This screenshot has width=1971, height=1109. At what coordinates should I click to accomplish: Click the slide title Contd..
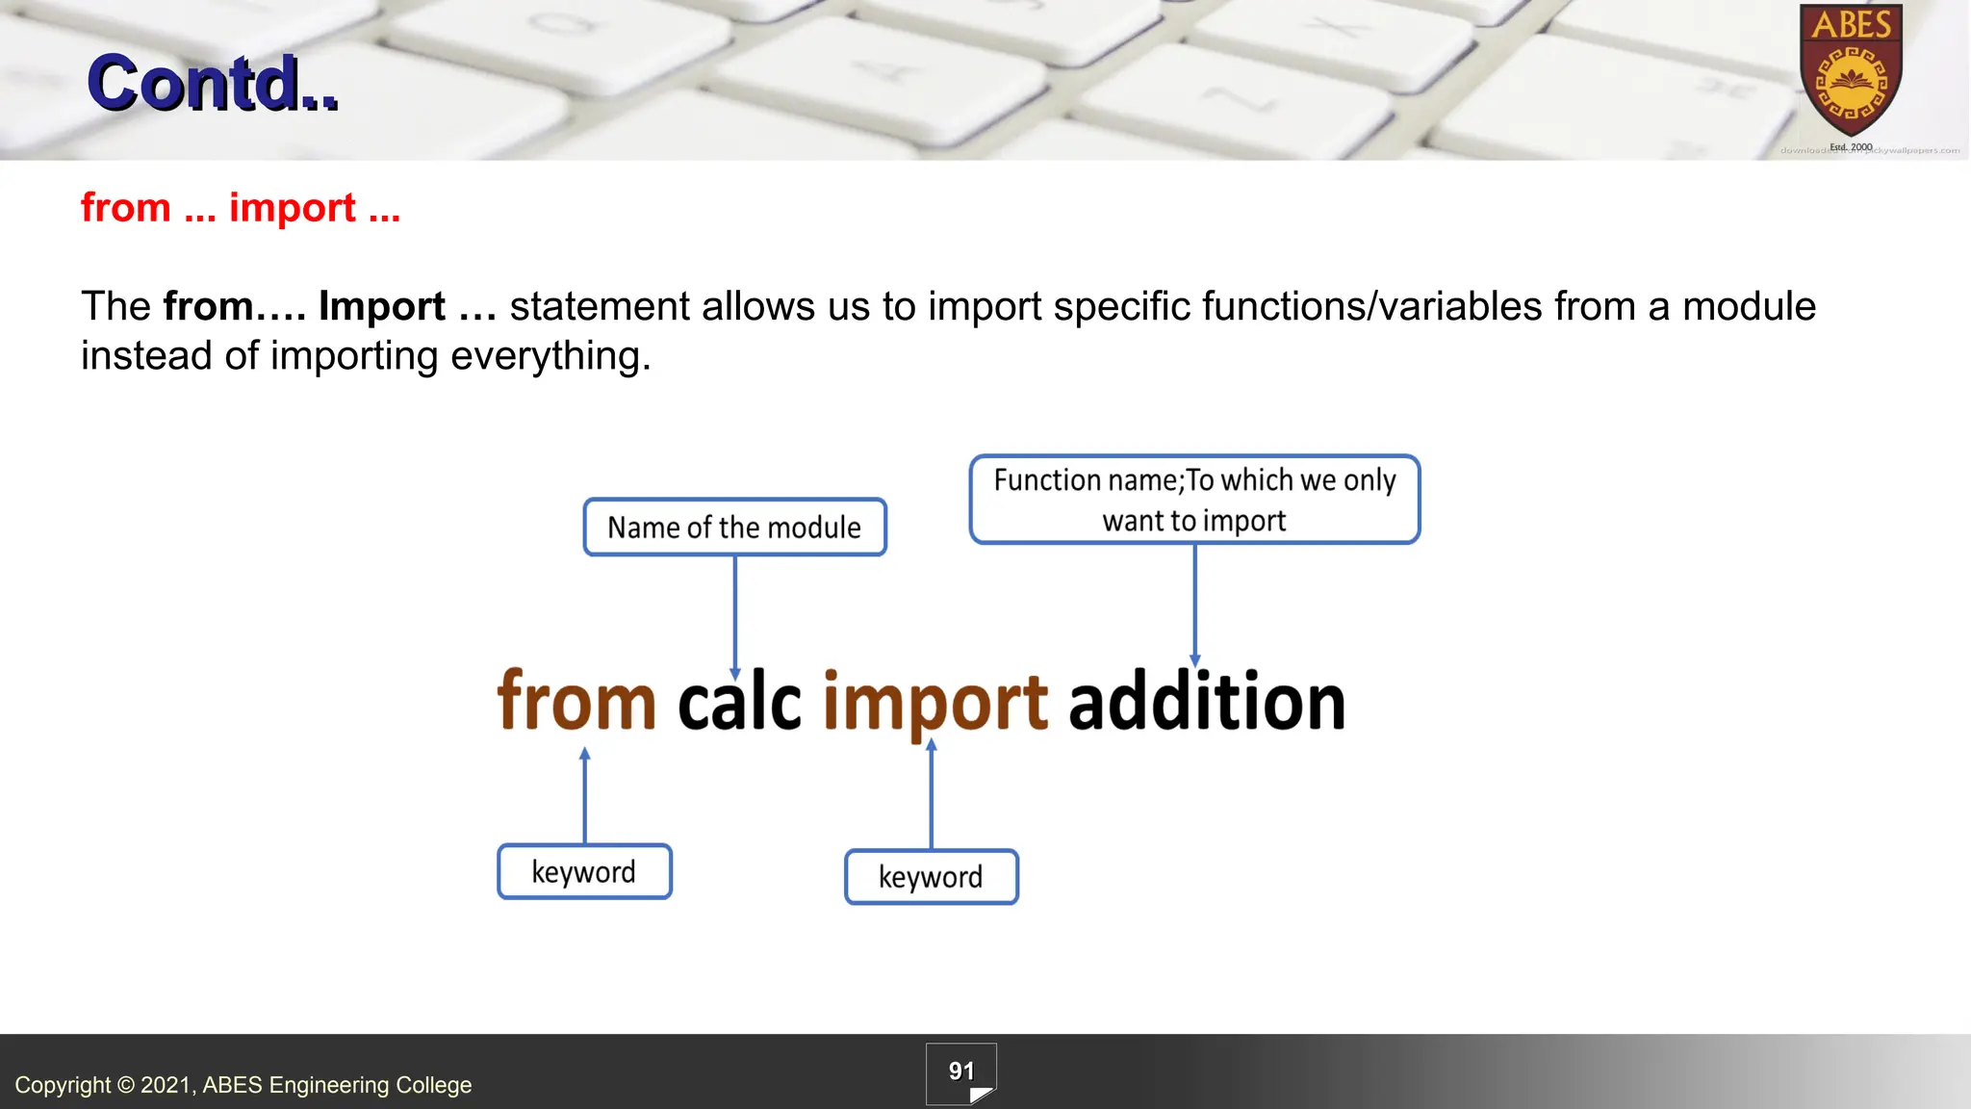coord(213,83)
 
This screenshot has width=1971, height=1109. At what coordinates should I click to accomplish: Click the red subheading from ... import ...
coord(241,208)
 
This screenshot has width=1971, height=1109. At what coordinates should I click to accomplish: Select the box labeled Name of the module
coord(734,527)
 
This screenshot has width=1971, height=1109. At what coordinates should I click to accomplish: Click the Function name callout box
coord(1194,500)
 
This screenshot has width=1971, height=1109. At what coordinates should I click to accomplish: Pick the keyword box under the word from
coord(584,872)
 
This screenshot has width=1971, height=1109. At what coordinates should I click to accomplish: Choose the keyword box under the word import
coord(931,877)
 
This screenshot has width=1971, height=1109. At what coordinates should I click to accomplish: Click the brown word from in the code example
coord(576,702)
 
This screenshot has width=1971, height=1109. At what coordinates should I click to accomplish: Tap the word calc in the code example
coord(739,702)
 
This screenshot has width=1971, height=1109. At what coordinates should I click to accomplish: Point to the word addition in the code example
coord(1207,702)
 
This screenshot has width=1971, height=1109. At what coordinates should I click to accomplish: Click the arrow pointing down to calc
coord(735,616)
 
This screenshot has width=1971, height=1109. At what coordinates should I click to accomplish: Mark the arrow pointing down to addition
coord(1194,605)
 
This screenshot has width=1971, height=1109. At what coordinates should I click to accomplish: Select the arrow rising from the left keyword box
coord(584,796)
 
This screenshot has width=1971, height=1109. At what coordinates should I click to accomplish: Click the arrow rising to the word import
coord(931,794)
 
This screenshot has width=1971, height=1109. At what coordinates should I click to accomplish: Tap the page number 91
coord(960,1071)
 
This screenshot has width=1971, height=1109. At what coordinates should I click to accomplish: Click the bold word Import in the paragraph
coord(382,307)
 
